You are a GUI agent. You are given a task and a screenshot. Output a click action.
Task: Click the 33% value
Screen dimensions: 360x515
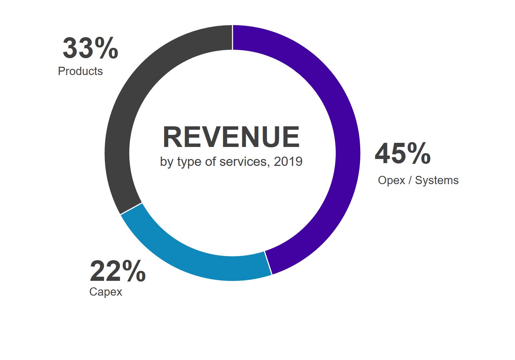(90, 49)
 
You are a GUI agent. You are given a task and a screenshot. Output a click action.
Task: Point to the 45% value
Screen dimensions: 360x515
(403, 154)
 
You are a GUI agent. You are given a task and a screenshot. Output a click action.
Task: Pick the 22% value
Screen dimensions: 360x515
(118, 272)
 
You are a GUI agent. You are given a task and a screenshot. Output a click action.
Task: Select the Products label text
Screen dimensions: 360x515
(80, 71)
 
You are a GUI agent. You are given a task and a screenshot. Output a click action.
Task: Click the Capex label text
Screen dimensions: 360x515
(106, 292)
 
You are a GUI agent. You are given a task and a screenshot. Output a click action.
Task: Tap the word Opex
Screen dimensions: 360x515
(391, 180)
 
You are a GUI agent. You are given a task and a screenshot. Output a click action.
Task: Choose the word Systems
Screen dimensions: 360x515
(437, 180)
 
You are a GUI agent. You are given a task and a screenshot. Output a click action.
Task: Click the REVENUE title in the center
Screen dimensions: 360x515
(231, 137)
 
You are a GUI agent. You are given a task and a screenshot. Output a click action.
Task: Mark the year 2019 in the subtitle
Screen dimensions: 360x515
(288, 161)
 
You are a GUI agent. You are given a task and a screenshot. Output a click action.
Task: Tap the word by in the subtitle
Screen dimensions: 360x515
(167, 161)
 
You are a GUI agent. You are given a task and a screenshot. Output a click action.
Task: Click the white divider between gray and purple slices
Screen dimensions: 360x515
(233, 38)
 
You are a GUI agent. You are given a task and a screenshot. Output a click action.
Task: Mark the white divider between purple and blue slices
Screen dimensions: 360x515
(268, 263)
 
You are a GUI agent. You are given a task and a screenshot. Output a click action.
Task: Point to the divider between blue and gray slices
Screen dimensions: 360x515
(131, 209)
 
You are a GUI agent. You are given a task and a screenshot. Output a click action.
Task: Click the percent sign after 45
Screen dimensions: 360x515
(419, 154)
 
